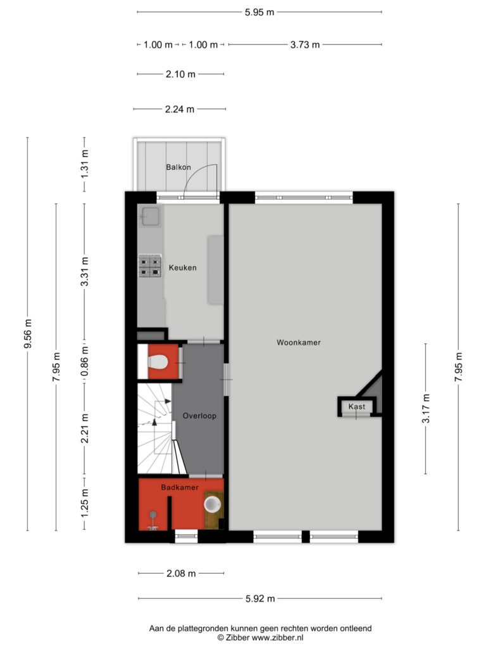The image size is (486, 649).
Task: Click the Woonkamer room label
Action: pyautogui.click(x=299, y=342)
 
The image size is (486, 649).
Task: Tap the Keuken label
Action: pyautogui.click(x=183, y=268)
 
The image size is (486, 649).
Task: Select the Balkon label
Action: pyautogui.click(x=178, y=167)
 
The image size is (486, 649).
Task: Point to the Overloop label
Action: pyautogui.click(x=199, y=416)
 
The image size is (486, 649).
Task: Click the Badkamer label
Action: pyautogui.click(x=180, y=487)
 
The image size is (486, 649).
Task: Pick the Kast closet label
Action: pyautogui.click(x=357, y=406)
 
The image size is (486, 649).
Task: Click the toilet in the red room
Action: pyautogui.click(x=158, y=362)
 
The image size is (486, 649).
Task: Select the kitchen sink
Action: pyautogui.click(x=151, y=217)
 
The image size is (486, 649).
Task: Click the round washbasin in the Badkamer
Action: pyautogui.click(x=213, y=504)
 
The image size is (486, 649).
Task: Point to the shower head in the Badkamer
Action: pyautogui.click(x=153, y=515)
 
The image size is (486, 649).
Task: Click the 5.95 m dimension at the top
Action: pyautogui.click(x=259, y=13)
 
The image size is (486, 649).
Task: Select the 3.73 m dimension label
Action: pyautogui.click(x=305, y=45)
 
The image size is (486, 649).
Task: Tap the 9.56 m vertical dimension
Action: pyautogui.click(x=28, y=334)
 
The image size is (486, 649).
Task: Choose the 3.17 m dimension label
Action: pyautogui.click(x=426, y=409)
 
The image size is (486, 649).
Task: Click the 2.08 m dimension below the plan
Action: pyautogui.click(x=181, y=573)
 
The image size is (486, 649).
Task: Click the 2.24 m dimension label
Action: pyautogui.click(x=180, y=109)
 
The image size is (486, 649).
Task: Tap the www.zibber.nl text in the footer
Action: pyautogui.click(x=277, y=638)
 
